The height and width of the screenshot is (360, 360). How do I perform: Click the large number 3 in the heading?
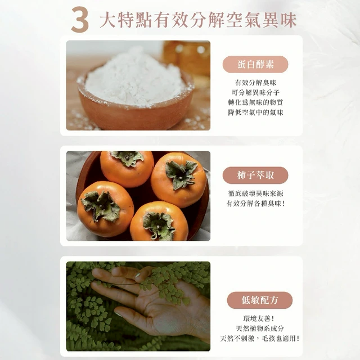80,20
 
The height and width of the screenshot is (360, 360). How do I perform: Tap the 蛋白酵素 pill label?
255,64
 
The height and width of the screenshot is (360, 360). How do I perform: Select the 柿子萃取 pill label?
255,175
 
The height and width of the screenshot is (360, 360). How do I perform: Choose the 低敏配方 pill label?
260,300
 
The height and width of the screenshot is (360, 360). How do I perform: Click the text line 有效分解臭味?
255,83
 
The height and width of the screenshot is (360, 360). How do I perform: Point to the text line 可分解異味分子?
255,92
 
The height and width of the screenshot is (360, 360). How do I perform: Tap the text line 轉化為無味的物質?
255,102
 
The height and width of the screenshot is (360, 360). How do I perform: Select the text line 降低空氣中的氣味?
255,112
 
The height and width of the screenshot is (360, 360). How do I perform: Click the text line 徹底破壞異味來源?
255,193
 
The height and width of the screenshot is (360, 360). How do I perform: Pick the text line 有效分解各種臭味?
255,204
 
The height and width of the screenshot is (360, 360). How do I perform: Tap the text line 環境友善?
259,319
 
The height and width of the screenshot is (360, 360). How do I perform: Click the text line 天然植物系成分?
260,328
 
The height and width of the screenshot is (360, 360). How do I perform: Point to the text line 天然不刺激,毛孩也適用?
260,339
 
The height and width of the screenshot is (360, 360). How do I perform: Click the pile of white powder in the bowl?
136,78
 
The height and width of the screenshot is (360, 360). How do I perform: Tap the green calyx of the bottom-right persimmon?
159,225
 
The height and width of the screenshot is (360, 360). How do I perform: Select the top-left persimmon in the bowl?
127,169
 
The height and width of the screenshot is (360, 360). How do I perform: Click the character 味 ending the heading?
288,20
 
